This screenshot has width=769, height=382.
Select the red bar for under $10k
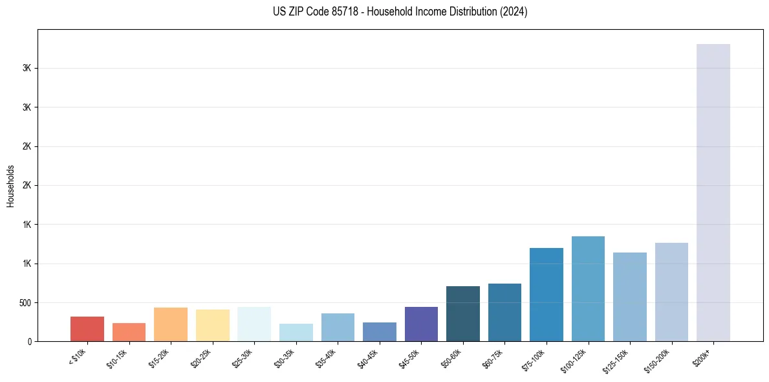[x=87, y=329]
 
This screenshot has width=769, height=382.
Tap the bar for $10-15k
[x=129, y=332]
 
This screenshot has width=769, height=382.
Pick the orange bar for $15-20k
[x=171, y=324]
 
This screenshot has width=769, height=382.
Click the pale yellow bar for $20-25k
[x=213, y=325]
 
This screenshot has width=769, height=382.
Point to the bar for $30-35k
[x=296, y=333]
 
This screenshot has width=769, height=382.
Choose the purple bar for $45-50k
[x=421, y=324]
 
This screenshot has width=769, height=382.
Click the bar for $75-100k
[x=547, y=295]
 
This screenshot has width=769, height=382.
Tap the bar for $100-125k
[x=588, y=289]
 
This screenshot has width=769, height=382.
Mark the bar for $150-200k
[x=671, y=292]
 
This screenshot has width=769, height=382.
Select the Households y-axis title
[x=10, y=186]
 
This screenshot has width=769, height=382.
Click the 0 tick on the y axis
[x=29, y=341]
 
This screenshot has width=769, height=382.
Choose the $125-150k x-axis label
[x=617, y=359]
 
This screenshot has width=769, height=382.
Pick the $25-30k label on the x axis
[x=243, y=357]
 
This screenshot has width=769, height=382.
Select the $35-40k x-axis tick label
[x=327, y=357]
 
